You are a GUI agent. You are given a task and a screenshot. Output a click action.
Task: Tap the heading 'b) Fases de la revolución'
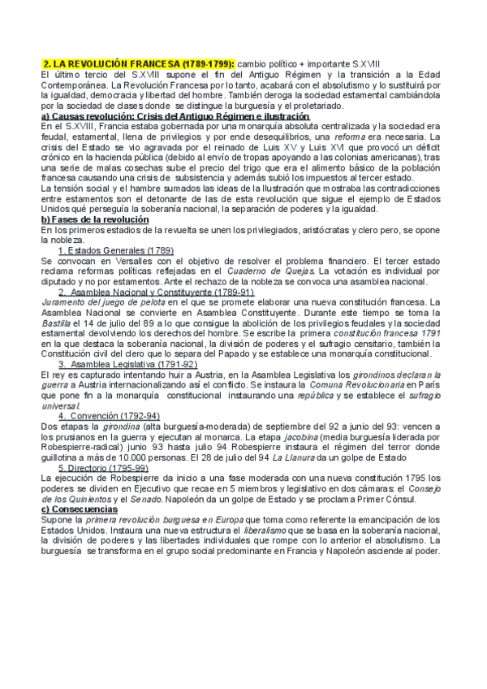tap(95, 220)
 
